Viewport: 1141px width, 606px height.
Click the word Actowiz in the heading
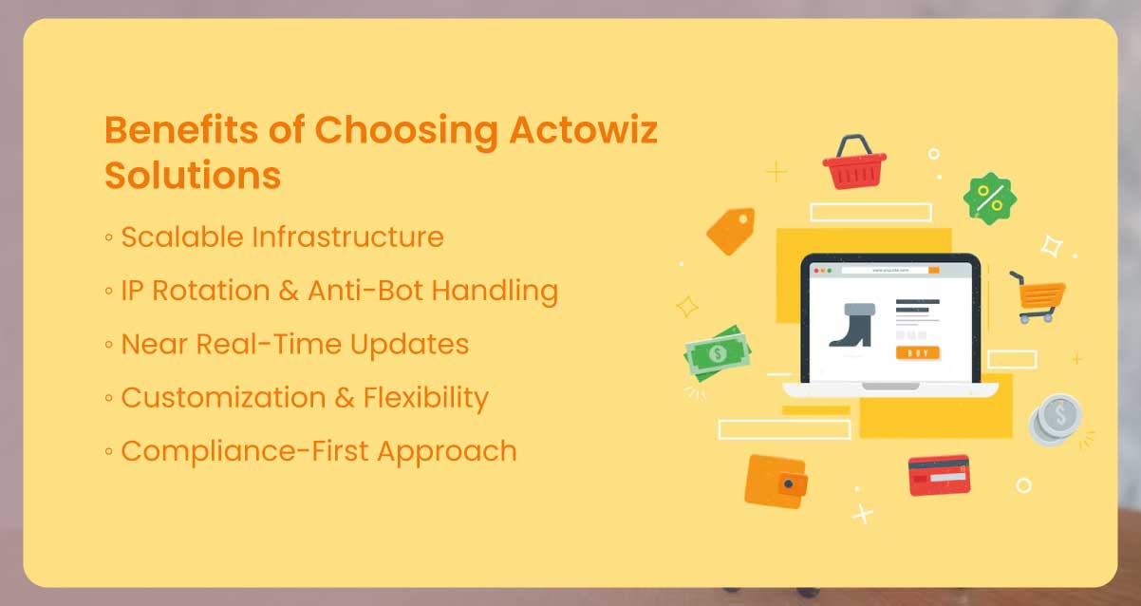[584, 130]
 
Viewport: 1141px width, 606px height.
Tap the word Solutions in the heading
[193, 176]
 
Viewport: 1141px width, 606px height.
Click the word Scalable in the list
[180, 237]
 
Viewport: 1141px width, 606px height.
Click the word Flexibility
[426, 397]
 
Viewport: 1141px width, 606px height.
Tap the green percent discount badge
[989, 199]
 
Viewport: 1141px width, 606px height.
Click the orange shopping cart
[1038, 296]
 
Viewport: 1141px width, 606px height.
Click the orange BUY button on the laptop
[917, 352]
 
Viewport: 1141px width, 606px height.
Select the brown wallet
[776, 481]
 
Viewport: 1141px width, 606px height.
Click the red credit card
[939, 474]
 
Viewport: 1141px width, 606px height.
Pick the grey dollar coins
[1057, 419]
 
